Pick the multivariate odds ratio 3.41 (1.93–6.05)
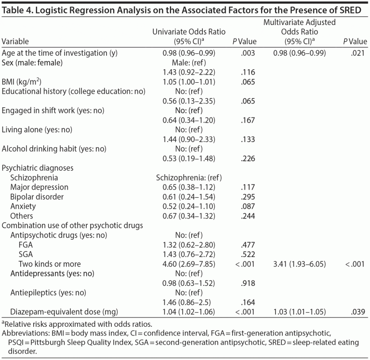(292, 264)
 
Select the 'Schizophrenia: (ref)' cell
(189, 177)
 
